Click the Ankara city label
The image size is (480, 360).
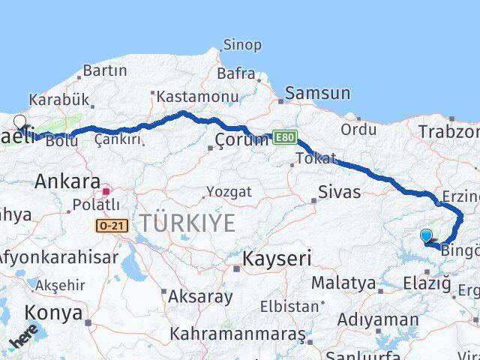pyautogui.click(x=67, y=181)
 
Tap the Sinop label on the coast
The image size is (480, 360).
pyautogui.click(x=242, y=44)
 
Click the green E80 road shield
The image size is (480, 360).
pyautogui.click(x=284, y=138)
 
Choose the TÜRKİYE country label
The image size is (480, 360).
pyautogui.click(x=186, y=223)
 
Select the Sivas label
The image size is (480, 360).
pyautogui.click(x=340, y=192)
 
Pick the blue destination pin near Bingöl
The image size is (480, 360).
pyautogui.click(x=426, y=236)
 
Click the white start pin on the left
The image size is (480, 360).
pyautogui.click(x=19, y=122)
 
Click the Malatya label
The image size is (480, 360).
pyautogui.click(x=343, y=283)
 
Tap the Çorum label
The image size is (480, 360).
pyautogui.click(x=241, y=139)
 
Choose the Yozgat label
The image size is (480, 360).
pyautogui.click(x=229, y=193)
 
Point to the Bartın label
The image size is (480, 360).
pyautogui.click(x=104, y=70)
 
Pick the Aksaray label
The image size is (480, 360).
pyautogui.click(x=199, y=296)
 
